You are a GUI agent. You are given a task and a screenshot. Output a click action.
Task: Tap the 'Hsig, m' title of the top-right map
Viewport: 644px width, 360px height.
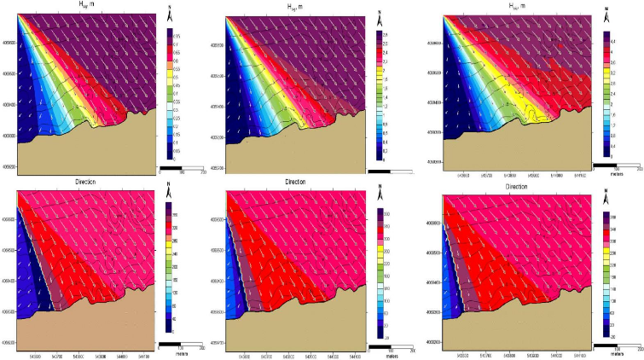513,5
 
